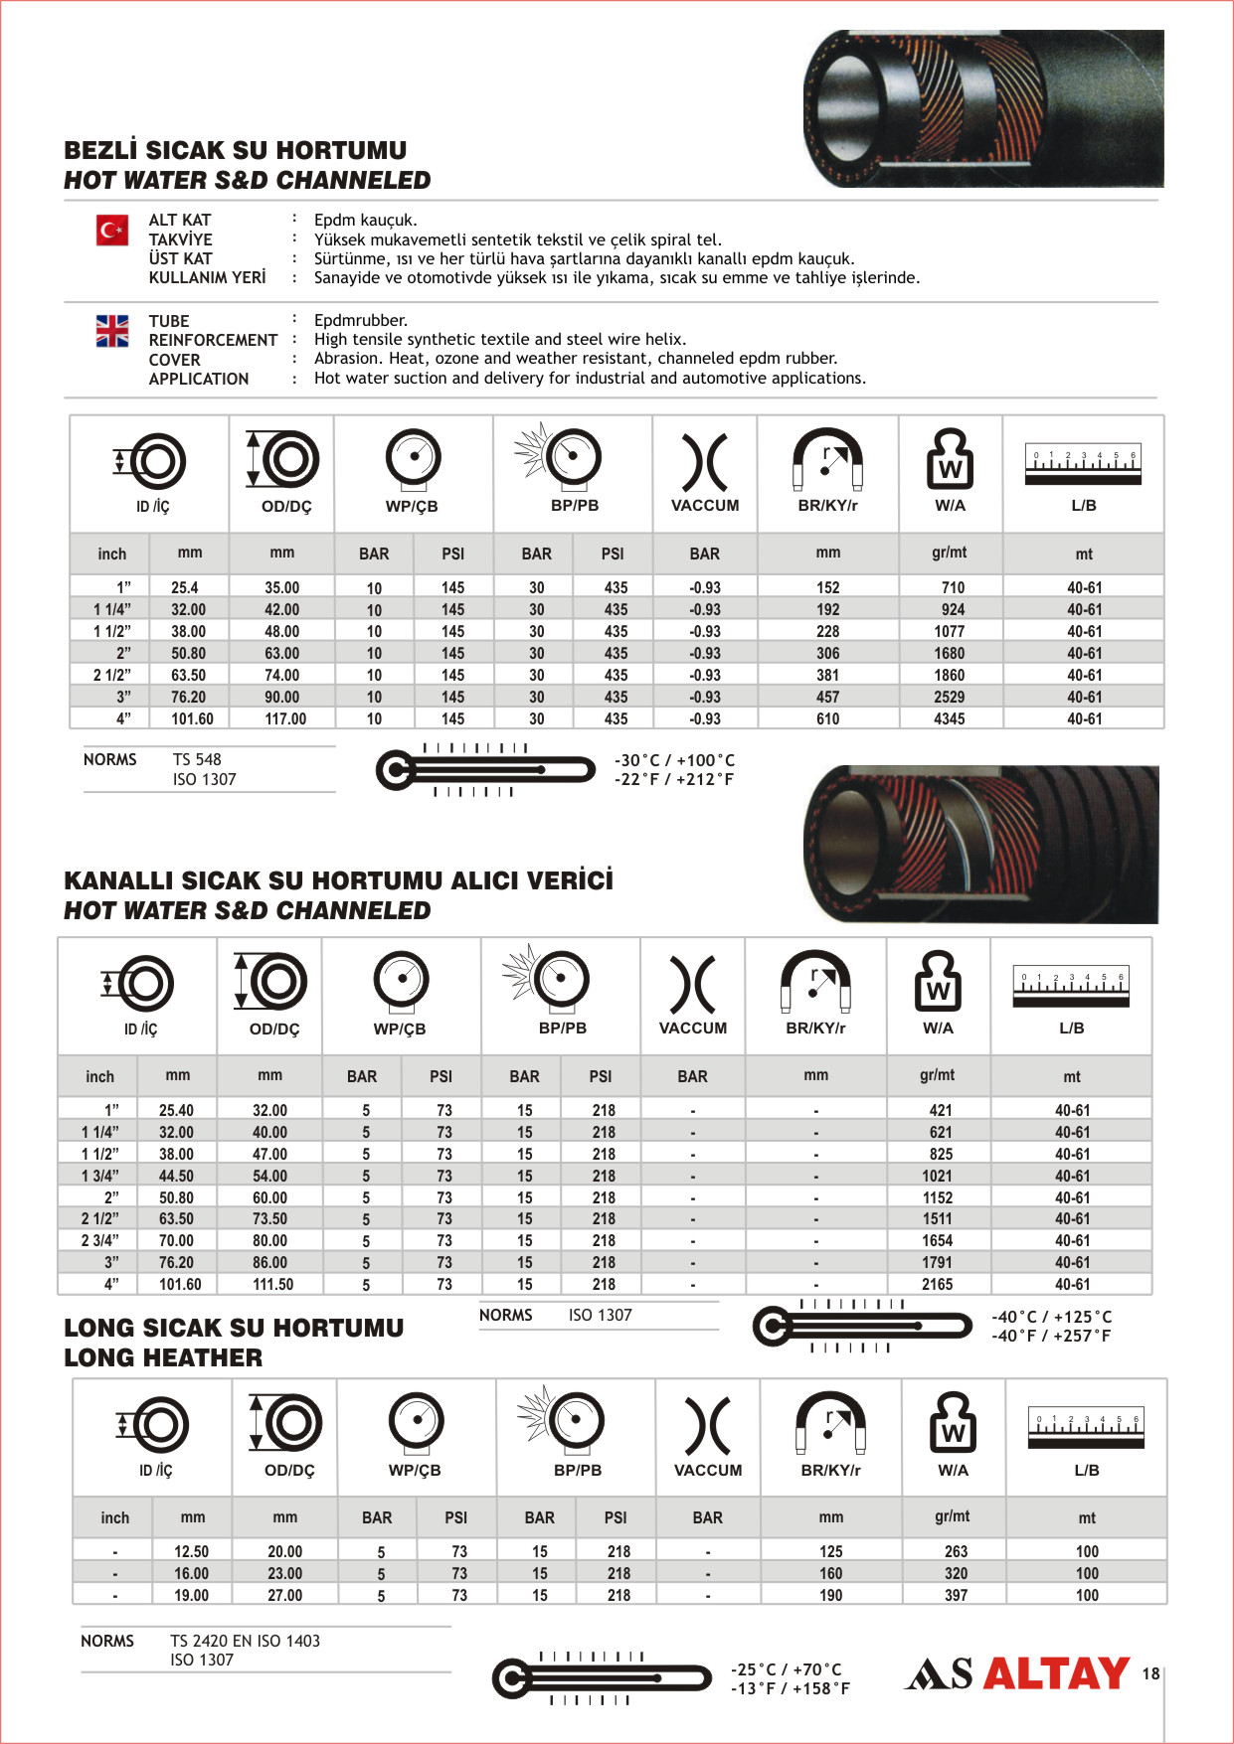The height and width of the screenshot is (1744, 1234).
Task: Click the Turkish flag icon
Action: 112,231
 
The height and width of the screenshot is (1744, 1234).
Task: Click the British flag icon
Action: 112,330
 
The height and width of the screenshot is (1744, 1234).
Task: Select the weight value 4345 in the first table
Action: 949,718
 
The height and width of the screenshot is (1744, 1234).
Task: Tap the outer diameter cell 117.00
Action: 285,718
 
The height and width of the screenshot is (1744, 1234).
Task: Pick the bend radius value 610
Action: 827,718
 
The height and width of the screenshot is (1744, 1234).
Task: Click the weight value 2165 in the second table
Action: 937,1284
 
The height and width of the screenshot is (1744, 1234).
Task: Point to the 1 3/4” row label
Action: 100,1176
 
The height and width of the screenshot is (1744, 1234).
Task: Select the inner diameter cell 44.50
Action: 176,1176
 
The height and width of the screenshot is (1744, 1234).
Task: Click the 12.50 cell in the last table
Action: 191,1551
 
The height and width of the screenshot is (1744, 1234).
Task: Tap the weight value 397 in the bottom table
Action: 956,1595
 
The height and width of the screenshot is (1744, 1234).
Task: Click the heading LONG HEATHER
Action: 163,1357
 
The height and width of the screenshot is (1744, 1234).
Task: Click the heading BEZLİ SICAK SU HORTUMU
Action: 235,151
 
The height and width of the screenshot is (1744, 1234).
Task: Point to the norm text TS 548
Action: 197,759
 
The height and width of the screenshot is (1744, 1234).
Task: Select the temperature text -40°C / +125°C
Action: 1051,1317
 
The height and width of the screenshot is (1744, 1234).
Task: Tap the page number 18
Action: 1150,1673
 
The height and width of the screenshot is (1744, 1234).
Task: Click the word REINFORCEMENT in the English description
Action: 213,340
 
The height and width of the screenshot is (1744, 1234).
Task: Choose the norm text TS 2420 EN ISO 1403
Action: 245,1641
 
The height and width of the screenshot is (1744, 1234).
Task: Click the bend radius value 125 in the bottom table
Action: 830,1551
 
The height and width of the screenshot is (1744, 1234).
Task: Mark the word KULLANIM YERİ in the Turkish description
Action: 207,277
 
